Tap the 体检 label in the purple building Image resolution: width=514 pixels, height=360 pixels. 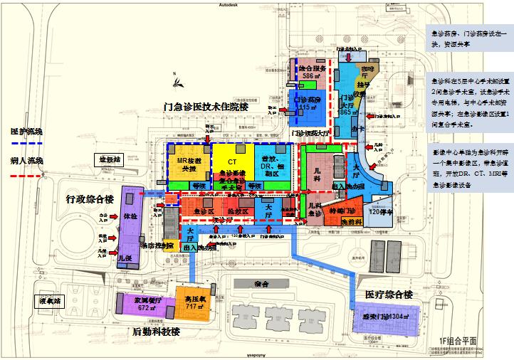pos(130,215)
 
